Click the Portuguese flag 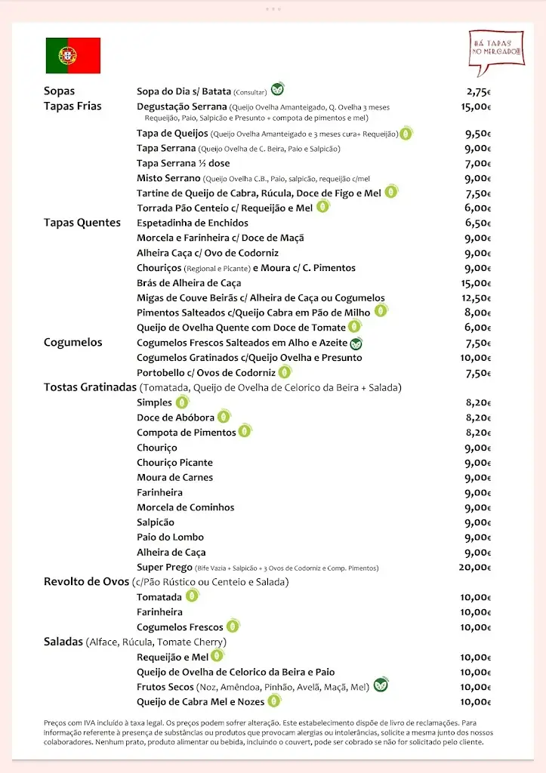72,55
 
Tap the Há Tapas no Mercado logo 496,51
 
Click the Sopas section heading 60,91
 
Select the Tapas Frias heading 72,106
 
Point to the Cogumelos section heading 72,343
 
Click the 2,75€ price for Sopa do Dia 479,92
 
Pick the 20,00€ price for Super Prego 475,568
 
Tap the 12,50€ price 477,298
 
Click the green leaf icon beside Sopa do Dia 278,89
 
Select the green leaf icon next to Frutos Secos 381,685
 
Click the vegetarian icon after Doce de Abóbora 224,416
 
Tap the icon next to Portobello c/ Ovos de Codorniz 285,371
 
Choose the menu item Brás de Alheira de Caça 189,283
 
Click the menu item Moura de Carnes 174,478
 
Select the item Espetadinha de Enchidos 192,223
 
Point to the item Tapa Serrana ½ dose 183,164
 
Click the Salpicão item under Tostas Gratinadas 156,522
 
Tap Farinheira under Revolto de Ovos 159,612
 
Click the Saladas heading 63,642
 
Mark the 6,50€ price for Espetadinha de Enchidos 478,223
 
